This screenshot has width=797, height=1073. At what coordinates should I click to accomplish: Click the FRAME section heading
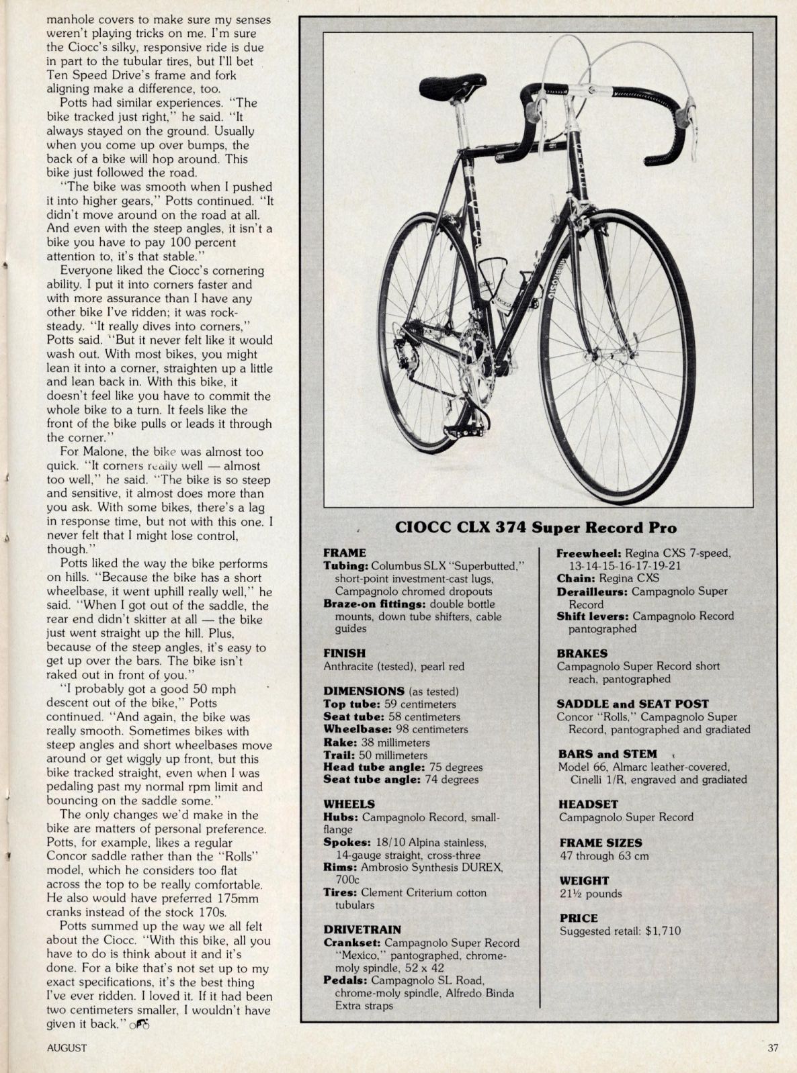coord(345,553)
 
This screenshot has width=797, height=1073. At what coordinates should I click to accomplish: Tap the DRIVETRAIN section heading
coord(362,929)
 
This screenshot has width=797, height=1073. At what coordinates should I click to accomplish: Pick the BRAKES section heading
coord(582,653)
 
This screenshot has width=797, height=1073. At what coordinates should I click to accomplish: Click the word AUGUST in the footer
coord(67,1047)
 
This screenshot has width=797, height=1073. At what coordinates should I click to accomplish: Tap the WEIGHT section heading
coord(584,880)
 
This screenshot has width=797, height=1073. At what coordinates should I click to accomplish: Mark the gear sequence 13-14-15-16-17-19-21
coord(628,565)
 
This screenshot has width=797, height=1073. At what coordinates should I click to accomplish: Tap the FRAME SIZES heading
coord(601,842)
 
